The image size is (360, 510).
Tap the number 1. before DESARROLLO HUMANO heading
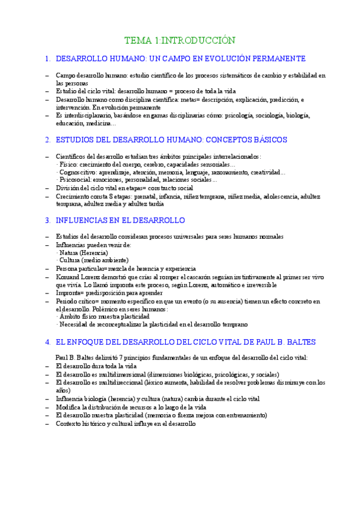47,59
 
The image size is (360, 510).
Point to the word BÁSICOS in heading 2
266,140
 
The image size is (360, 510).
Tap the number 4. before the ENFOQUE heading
47,342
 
